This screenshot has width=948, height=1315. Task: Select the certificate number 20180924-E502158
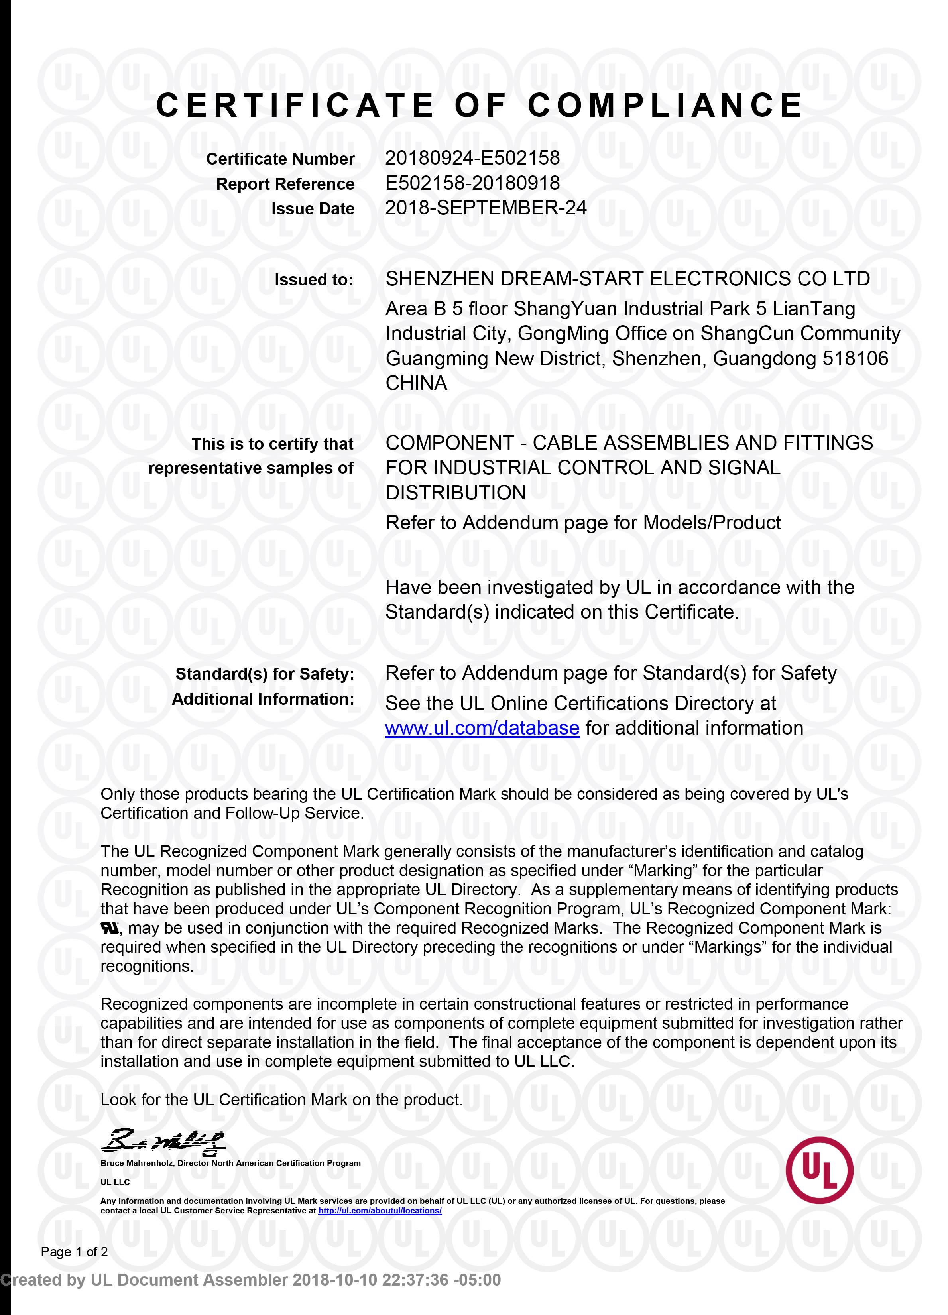tap(472, 158)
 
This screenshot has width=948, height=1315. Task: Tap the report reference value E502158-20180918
tap(472, 183)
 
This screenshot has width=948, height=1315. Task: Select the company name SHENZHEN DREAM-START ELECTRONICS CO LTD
tap(627, 279)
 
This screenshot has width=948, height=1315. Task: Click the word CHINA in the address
tap(416, 383)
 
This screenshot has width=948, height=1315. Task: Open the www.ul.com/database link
tap(482, 728)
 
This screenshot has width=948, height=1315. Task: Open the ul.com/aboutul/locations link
tap(380, 1211)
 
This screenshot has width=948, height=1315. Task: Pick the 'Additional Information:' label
tap(263, 699)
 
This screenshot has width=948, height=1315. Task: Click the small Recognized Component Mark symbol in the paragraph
tap(110, 928)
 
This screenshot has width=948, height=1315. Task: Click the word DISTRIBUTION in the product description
tap(456, 493)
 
